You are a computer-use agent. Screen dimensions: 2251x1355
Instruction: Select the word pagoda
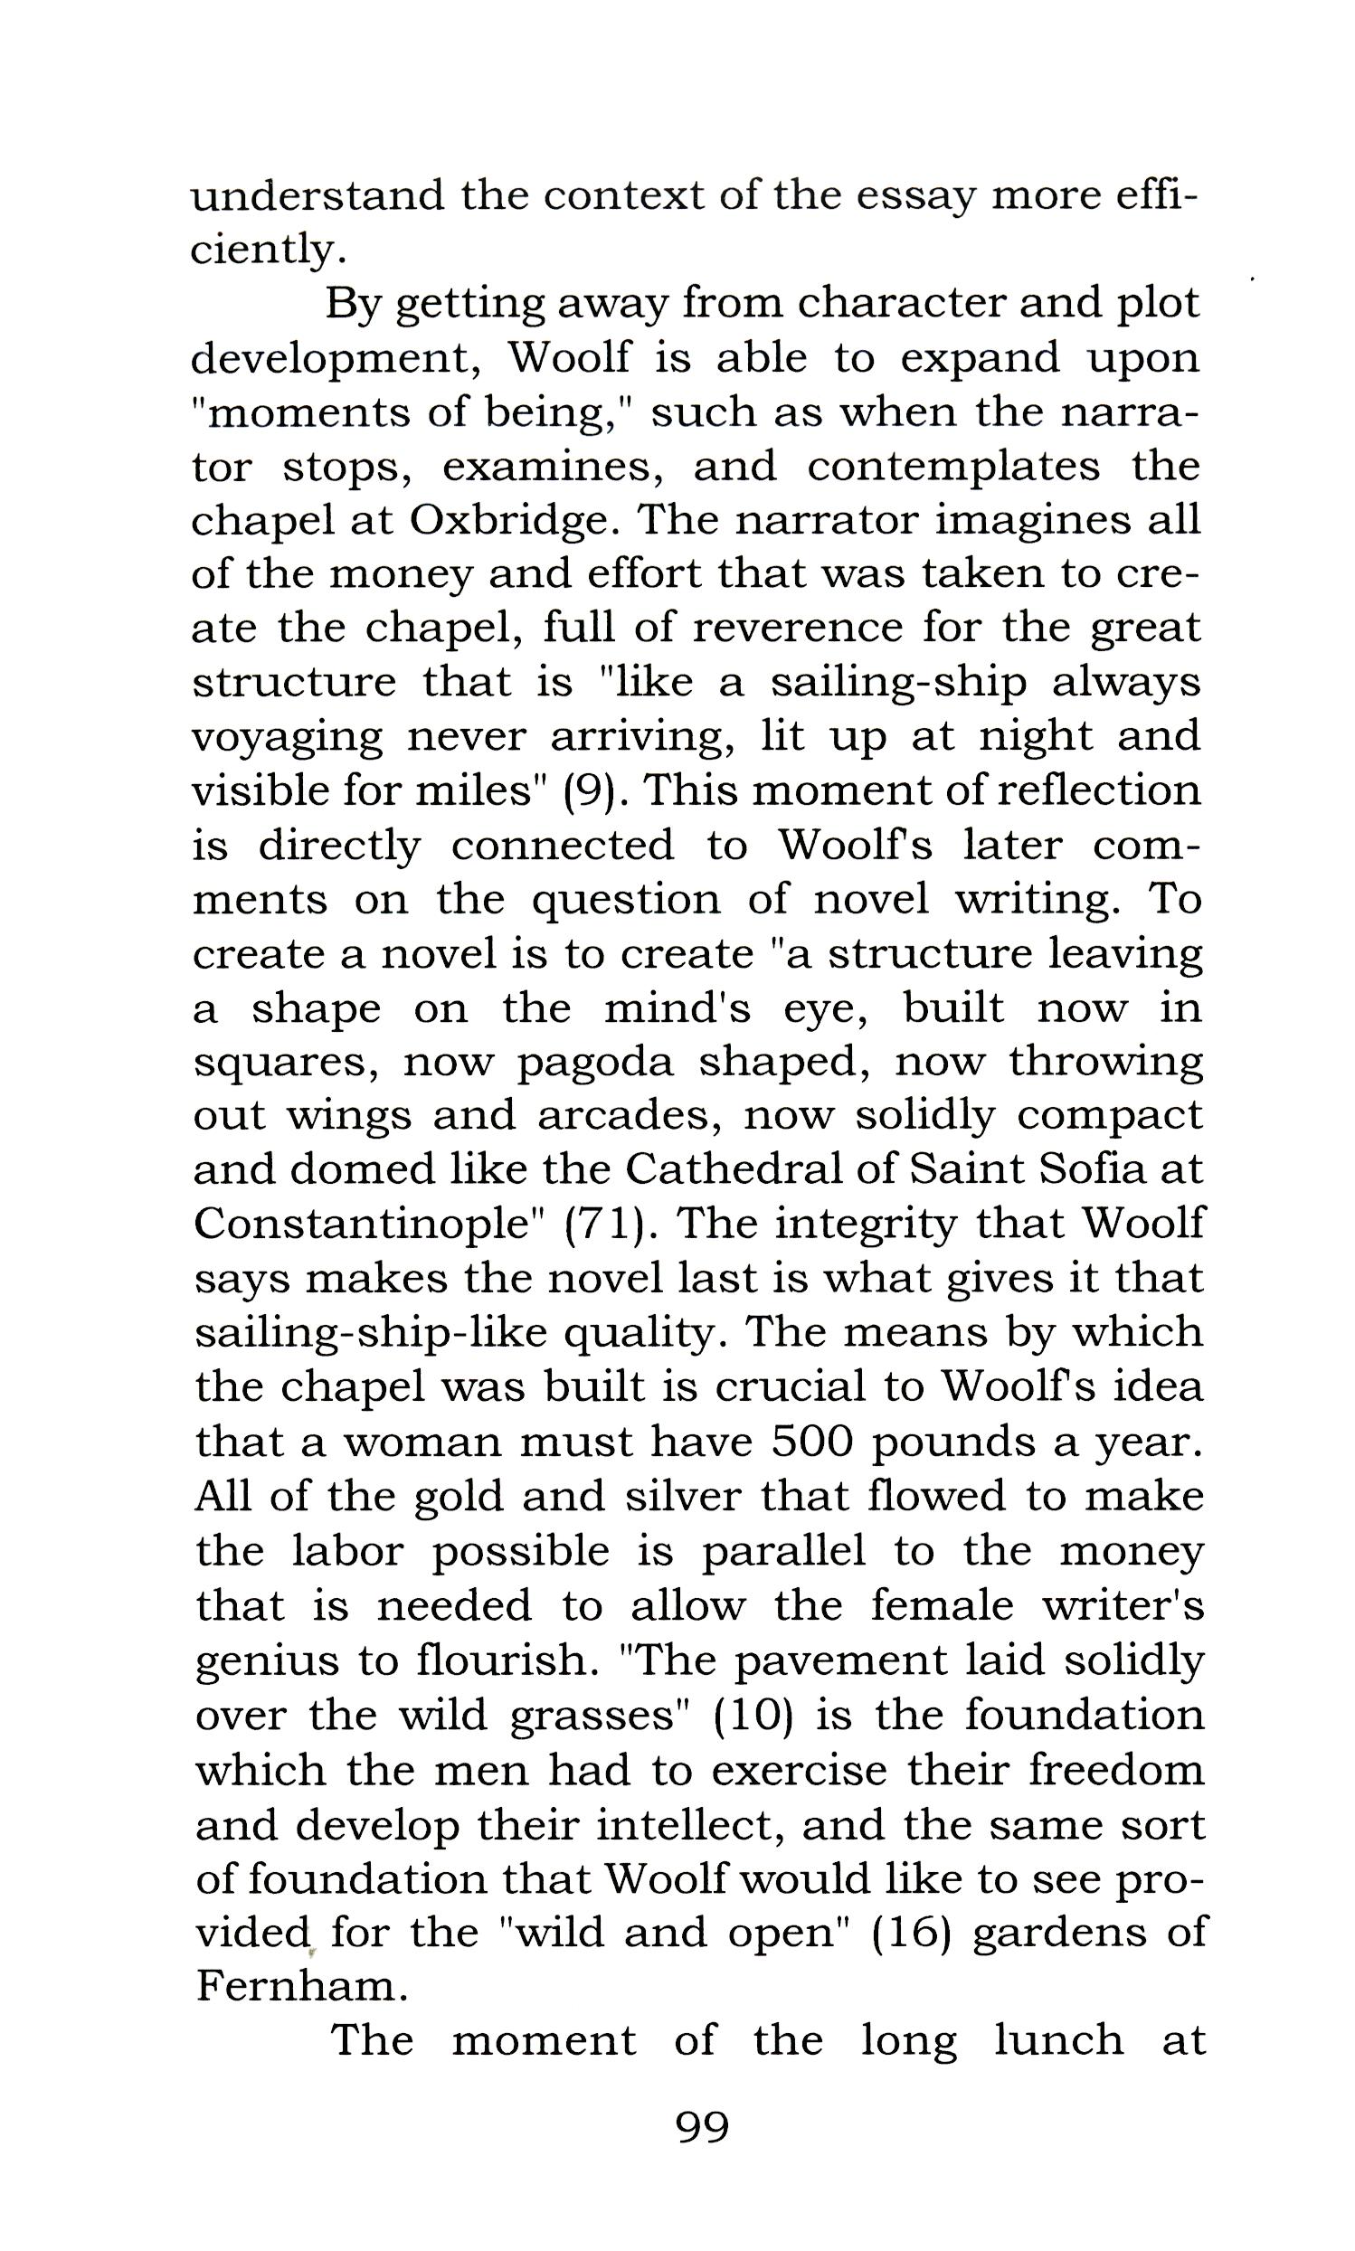(x=595, y=1063)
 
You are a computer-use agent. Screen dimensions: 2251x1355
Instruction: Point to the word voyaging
(x=287, y=738)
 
